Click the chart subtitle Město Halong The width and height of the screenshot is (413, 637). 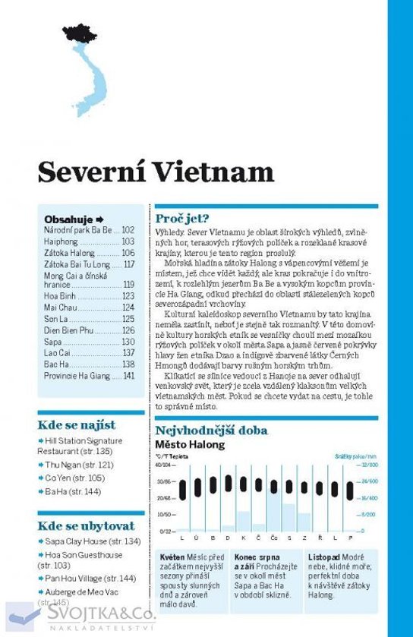pyautogui.click(x=190, y=445)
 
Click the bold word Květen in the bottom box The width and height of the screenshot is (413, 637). pyautogui.click(x=173, y=557)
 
